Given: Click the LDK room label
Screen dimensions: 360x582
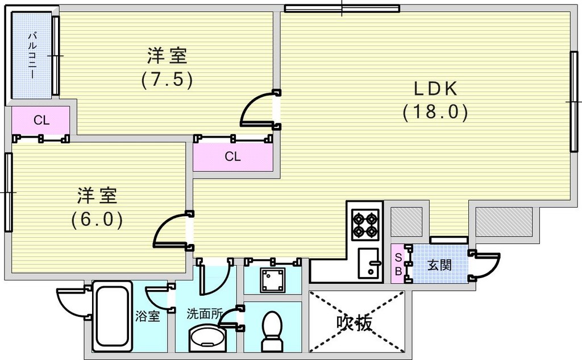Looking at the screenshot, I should click(x=435, y=89).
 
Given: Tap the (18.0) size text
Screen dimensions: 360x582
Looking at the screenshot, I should click(x=435, y=113).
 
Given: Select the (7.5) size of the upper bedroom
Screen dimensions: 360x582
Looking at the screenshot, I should click(x=167, y=79).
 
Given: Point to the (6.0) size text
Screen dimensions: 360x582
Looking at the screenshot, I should click(x=97, y=219).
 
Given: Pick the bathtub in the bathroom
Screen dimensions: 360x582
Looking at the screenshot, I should click(x=112, y=317).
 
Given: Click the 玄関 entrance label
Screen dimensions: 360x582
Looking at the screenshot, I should click(x=440, y=265).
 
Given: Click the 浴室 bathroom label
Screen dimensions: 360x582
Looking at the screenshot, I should click(x=148, y=316).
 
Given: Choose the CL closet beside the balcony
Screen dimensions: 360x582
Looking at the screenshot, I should click(x=41, y=121).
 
